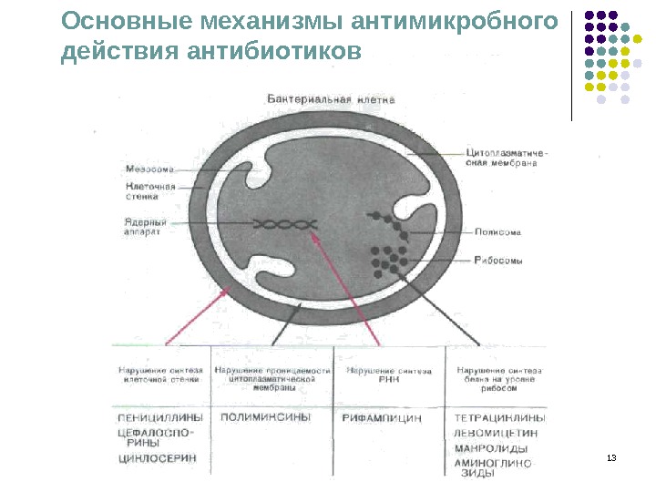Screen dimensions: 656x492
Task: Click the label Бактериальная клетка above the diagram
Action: point(331,97)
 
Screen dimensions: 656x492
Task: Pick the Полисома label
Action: point(497,231)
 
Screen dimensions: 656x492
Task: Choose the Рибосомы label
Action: point(498,261)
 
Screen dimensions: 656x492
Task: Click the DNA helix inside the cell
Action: point(285,224)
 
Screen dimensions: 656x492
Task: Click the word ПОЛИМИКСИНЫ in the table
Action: point(265,416)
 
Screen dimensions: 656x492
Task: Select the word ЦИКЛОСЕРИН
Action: point(157,459)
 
